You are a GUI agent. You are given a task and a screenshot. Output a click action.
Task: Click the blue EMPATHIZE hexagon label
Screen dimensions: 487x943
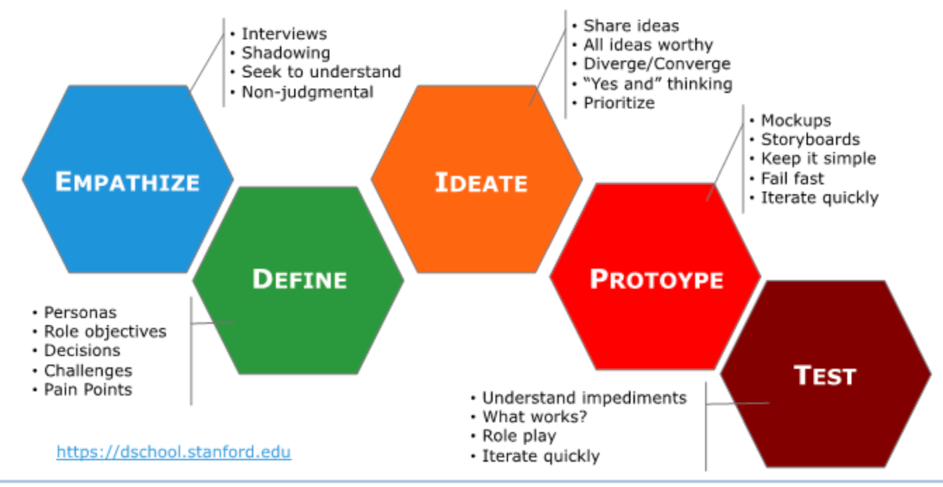(x=127, y=182)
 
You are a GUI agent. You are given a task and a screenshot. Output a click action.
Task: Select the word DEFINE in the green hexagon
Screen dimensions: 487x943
(x=299, y=279)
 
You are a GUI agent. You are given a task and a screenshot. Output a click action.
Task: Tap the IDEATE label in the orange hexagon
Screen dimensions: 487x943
(x=481, y=183)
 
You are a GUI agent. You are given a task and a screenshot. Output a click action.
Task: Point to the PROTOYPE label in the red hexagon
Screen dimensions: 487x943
(x=656, y=279)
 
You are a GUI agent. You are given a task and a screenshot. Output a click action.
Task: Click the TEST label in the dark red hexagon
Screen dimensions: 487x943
(x=825, y=376)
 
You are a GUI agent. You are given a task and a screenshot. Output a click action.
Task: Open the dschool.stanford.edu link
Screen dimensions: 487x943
(x=174, y=451)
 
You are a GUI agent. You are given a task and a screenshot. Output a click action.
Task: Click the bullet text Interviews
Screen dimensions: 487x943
(x=284, y=34)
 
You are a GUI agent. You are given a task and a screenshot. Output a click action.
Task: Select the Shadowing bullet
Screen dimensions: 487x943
(x=286, y=53)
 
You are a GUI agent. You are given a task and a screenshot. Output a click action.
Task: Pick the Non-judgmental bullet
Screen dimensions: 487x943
(x=308, y=91)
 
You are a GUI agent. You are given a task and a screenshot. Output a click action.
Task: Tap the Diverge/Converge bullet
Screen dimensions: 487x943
(x=657, y=64)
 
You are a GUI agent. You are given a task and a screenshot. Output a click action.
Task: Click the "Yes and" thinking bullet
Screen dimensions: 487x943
(x=657, y=84)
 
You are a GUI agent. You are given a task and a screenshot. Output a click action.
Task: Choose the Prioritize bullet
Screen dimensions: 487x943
(x=619, y=103)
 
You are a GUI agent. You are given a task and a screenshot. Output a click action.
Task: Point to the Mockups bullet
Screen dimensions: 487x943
(x=795, y=120)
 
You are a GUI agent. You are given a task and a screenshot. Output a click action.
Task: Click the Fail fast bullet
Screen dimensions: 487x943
(x=792, y=178)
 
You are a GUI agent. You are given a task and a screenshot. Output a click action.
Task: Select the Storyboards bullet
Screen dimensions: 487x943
(x=810, y=139)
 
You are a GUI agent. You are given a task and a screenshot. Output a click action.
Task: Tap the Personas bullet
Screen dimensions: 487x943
(x=80, y=312)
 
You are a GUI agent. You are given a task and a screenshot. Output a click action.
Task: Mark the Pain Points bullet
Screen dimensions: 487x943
(x=88, y=389)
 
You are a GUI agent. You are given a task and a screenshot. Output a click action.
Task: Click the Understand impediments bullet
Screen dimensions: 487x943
(x=584, y=398)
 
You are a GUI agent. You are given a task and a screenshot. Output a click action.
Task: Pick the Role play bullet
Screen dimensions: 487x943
(x=519, y=436)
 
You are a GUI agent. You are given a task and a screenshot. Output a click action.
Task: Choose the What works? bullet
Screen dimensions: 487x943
(x=534, y=417)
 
